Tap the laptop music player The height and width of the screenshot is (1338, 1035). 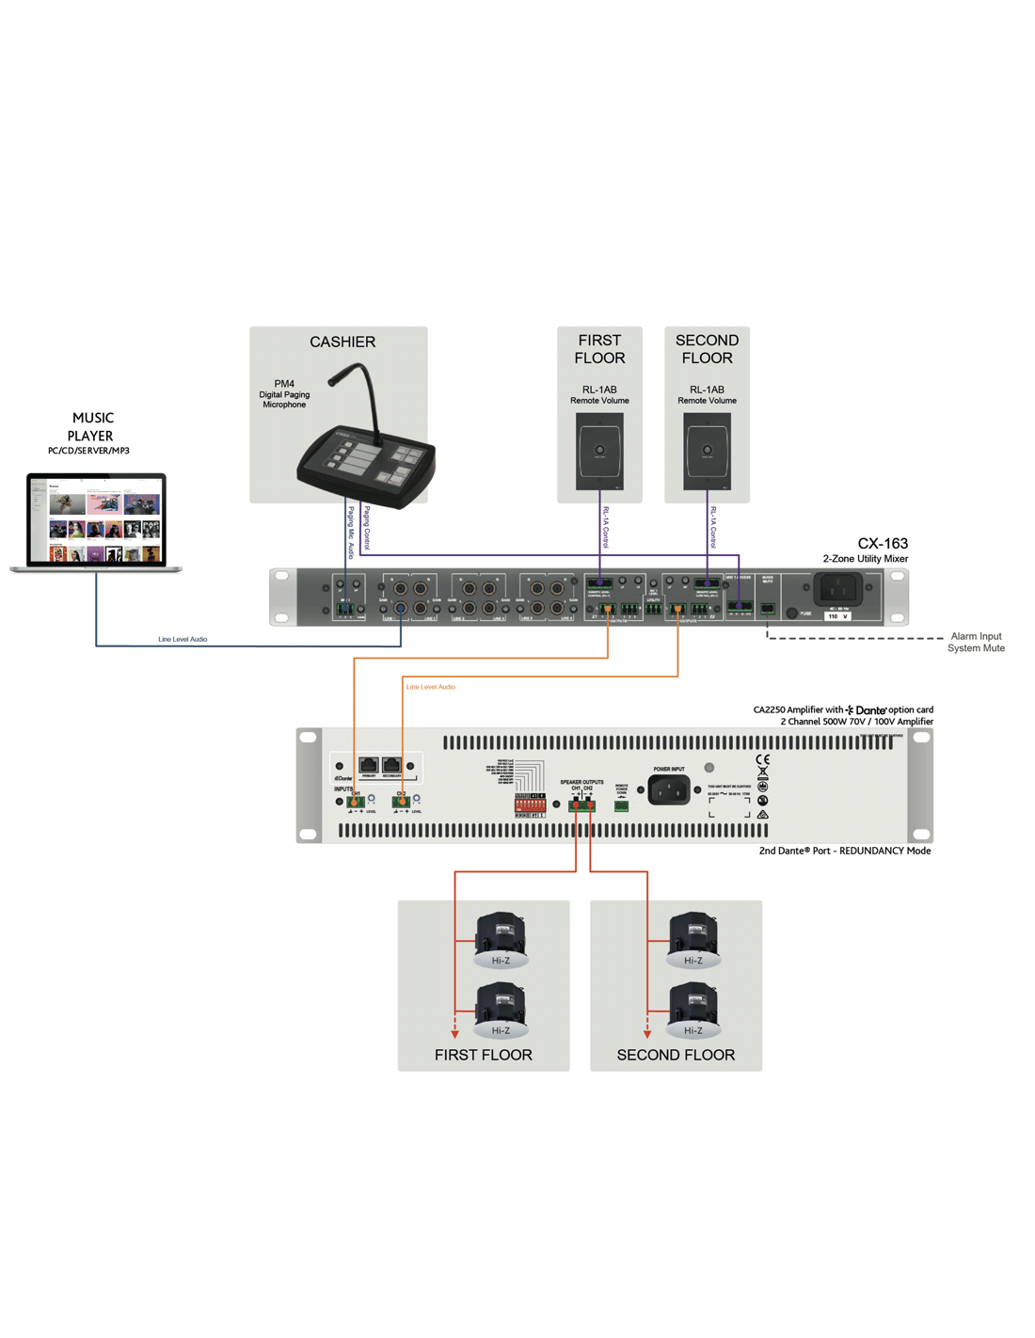pos(96,522)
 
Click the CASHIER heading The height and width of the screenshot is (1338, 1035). pos(342,342)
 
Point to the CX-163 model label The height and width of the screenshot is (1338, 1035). pos(883,544)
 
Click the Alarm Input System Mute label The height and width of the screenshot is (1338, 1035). pos(976,643)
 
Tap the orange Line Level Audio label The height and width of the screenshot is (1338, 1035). pos(431,687)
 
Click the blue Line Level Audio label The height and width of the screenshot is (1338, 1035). pos(183,640)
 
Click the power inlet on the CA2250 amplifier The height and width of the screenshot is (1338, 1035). pos(669,790)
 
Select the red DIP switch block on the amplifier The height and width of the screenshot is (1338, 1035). pos(530,804)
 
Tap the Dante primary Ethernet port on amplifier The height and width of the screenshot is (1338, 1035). pos(369,766)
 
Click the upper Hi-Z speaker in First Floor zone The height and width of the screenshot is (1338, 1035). pos(501,937)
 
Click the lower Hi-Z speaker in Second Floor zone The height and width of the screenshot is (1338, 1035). pos(693,1009)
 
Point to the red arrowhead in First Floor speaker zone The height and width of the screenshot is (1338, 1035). pos(455,1034)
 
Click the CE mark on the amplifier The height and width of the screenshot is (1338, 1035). pos(762,760)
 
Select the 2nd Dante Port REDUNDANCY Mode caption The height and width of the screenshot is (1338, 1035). pos(845,851)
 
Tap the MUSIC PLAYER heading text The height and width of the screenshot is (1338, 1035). pos(91,427)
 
